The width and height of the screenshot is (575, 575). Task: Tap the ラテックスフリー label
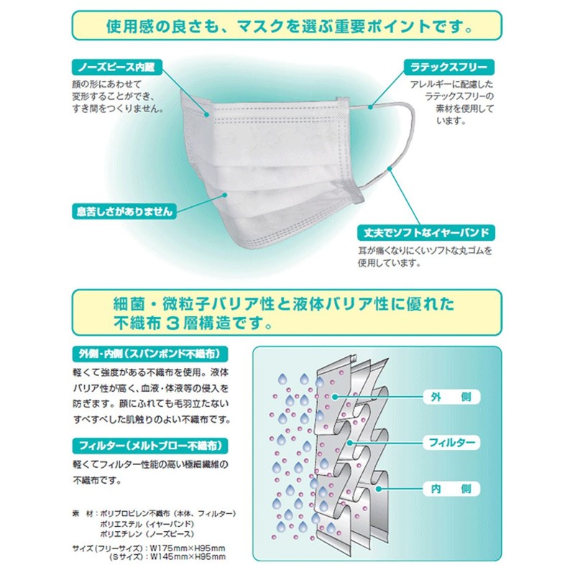tap(448, 68)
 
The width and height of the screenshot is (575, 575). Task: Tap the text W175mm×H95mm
tap(187, 548)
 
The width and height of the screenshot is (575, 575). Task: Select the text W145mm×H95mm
tap(187, 557)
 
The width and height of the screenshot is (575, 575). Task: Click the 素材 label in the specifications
tap(80, 514)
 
